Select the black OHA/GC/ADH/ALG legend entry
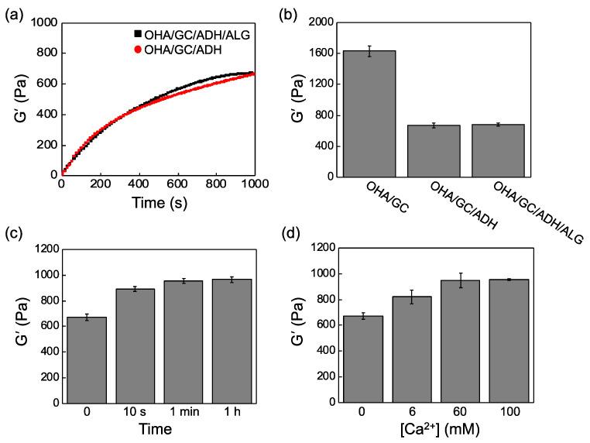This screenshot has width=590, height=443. click(x=197, y=34)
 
